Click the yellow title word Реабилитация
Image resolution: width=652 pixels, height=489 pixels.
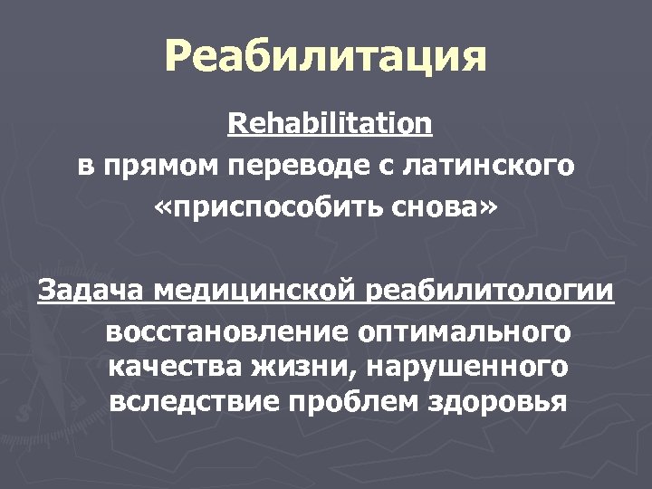point(325,57)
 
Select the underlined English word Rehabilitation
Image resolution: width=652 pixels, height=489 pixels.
point(330,123)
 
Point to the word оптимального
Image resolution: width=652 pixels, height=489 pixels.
point(465,331)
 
